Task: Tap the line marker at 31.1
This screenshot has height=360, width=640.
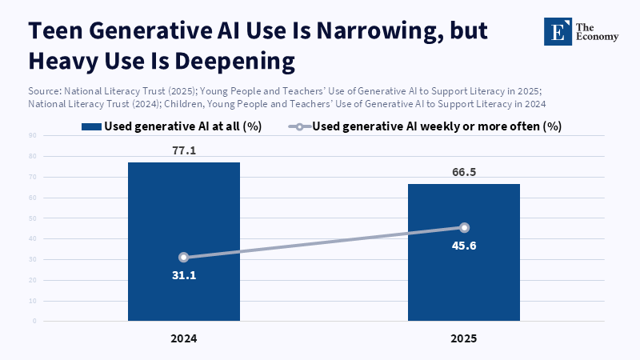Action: pos(184,258)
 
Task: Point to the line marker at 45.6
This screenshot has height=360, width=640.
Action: pos(464,228)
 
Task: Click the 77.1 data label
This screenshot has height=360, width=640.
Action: pos(184,150)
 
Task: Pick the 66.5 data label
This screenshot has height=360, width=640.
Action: pos(464,171)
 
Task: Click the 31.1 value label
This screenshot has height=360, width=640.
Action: pos(184,275)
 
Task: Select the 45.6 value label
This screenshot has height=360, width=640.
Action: pos(464,246)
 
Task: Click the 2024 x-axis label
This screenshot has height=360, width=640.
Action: pos(184,338)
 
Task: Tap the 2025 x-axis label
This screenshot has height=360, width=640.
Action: pos(464,338)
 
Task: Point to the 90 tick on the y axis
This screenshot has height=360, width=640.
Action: pos(34,136)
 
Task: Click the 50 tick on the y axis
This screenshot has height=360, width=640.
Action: pos(34,218)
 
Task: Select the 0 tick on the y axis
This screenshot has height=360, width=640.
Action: pos(36,321)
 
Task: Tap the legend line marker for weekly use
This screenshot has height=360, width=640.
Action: pos(298,126)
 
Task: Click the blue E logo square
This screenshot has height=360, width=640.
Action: pos(554,30)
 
